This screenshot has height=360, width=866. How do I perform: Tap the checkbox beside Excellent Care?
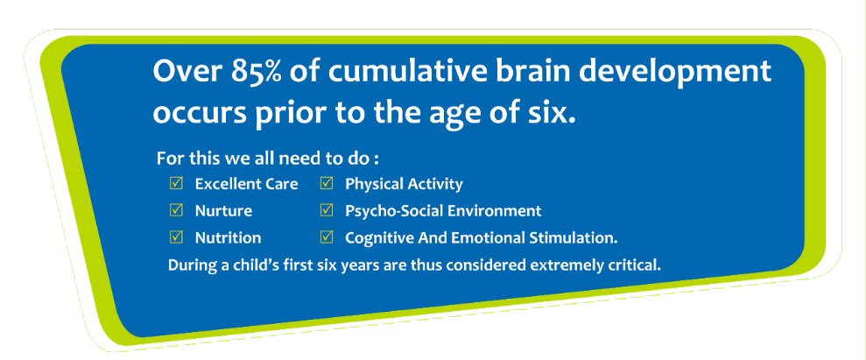tap(177, 183)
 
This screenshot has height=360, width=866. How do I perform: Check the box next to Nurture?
tap(177, 210)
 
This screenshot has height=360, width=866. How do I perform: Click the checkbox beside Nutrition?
tap(177, 237)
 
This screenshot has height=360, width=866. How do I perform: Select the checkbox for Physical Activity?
tap(327, 183)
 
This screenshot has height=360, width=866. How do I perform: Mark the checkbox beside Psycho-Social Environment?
tap(327, 210)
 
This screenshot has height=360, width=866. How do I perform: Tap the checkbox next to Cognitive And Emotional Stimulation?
tap(327, 237)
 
